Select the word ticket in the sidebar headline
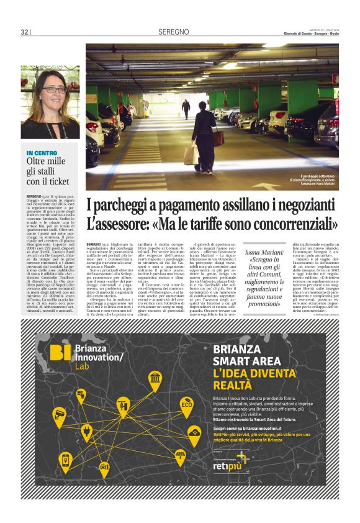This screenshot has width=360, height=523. [x=60, y=181]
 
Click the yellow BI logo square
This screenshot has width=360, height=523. [x=60, y=352]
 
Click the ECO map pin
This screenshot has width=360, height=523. [x=186, y=406]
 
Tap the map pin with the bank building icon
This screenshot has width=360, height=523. [x=155, y=379]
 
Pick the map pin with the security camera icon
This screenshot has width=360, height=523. [x=60, y=416]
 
